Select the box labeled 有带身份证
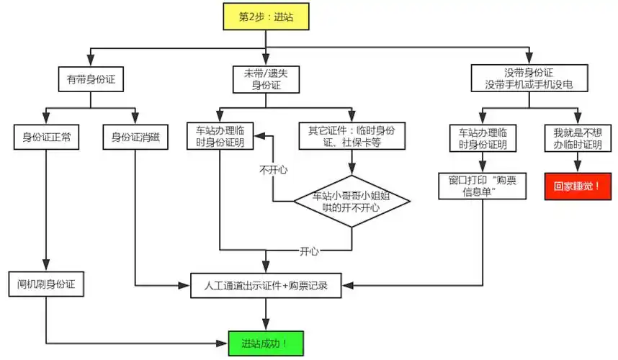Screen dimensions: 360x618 click(90, 80)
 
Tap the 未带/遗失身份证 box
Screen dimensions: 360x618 click(266, 80)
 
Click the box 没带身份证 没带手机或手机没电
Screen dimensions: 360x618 click(529, 79)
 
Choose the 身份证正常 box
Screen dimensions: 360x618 click(46, 137)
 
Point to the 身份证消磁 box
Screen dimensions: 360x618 click(135, 137)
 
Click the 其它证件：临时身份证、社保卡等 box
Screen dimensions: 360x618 click(351, 137)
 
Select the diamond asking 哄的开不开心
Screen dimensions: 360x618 click(351, 202)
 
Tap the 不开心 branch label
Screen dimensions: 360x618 click(273, 171)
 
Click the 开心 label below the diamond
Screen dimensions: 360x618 click(310, 251)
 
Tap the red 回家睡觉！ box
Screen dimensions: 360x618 click(578, 186)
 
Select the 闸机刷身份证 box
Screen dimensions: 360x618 click(46, 284)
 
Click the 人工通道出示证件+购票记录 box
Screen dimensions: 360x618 click(266, 285)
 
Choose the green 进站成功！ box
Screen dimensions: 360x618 click(266, 343)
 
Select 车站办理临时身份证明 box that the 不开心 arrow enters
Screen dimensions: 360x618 click(220, 137)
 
